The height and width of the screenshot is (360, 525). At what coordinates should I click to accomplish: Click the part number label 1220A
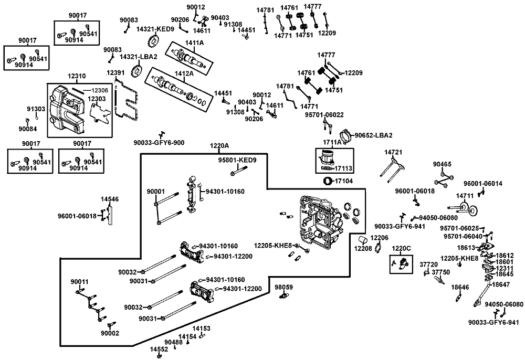point(219,146)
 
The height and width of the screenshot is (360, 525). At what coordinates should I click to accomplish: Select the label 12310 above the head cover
point(77,76)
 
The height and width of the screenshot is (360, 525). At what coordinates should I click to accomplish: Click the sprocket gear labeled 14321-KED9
point(153,41)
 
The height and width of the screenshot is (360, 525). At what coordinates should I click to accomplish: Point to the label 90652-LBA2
point(373,135)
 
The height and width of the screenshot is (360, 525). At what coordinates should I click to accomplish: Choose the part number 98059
point(283,287)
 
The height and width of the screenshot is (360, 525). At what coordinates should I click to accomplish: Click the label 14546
point(110,199)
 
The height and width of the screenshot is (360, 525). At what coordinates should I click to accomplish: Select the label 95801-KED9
point(237,160)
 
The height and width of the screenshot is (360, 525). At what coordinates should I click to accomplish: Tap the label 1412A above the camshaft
point(184,73)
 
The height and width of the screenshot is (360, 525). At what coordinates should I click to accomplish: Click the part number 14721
point(393,153)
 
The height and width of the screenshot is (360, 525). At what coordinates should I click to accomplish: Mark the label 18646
point(460,288)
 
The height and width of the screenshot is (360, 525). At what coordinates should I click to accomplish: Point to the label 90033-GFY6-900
point(159,143)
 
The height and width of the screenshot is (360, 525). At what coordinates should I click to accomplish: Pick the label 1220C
point(402,249)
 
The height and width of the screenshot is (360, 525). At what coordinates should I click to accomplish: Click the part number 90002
point(110,333)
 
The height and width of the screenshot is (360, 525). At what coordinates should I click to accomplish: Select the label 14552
point(159,349)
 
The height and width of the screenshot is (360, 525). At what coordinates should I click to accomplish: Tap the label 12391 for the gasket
point(115,73)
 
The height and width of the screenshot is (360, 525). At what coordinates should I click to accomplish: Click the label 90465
point(442,164)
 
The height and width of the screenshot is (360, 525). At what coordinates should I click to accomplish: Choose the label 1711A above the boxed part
point(332,142)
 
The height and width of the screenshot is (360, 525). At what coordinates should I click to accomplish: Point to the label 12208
point(363,249)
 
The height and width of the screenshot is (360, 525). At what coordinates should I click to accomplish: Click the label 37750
point(440,272)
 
